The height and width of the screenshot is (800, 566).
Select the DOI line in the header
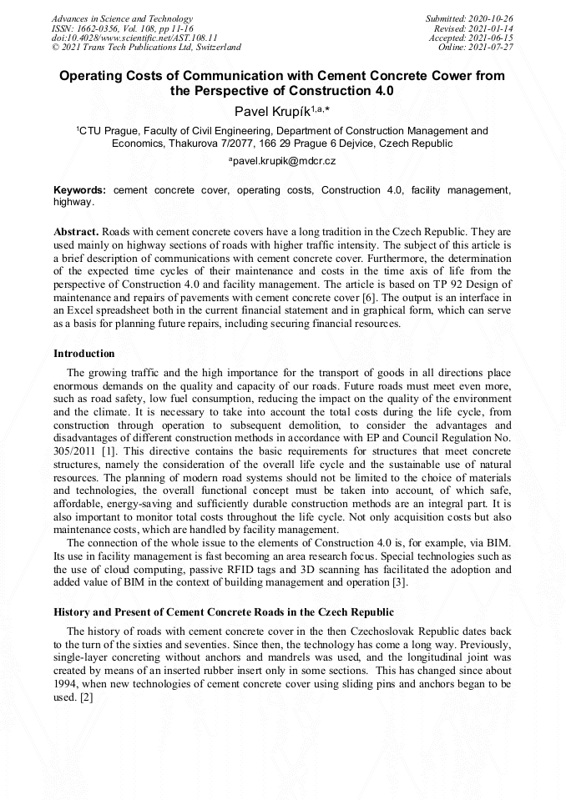pyautogui.click(x=134, y=38)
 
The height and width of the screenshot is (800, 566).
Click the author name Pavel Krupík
pyautogui.click(x=268, y=110)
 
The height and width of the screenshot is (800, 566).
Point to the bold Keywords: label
pyautogui.click(x=80, y=190)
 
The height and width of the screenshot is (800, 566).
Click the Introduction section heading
pyautogui.click(x=84, y=354)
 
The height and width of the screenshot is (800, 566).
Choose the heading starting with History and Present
pyautogui.click(x=217, y=612)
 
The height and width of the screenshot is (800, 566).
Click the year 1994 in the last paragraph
pyautogui.click(x=68, y=685)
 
